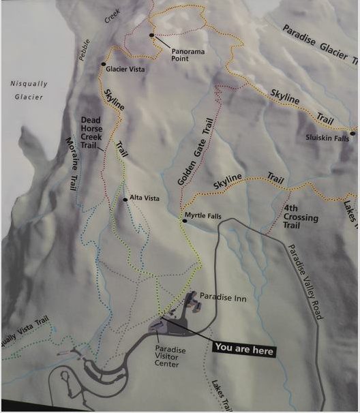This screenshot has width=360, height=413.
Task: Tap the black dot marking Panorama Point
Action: coord(151,35)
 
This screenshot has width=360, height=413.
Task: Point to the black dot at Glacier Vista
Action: coord(104,65)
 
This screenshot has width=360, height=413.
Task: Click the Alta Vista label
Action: coord(145,198)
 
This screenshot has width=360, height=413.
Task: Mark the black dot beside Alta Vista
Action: coord(125,200)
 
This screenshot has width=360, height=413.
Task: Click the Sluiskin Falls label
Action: coord(327,138)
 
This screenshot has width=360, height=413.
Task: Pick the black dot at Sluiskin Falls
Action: coord(352,134)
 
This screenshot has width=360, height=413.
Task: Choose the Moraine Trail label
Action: coord(74,162)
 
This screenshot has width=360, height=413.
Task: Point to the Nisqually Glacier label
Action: coord(28,90)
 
